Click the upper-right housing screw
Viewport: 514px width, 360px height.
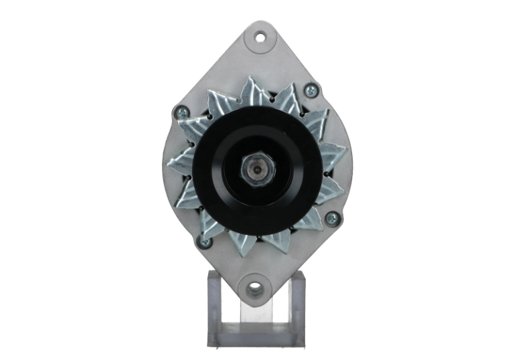pos(311,90)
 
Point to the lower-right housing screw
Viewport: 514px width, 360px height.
pos(331,218)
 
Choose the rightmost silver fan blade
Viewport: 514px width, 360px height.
pos(332,158)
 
